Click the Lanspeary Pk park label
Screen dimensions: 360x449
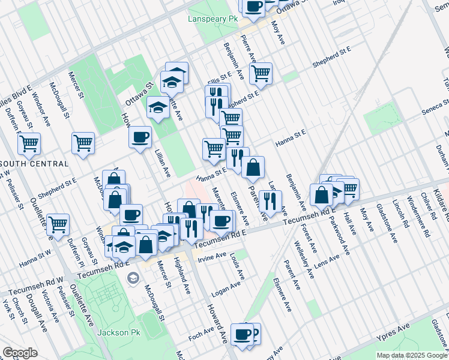pos(213,19)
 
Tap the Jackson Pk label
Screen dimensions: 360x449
pos(113,332)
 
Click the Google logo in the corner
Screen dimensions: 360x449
pos(20,353)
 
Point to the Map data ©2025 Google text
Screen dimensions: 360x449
pos(411,355)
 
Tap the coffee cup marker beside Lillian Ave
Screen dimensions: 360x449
pos(140,137)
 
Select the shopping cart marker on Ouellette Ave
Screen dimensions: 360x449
pos(58,224)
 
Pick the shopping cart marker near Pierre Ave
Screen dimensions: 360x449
pos(260,74)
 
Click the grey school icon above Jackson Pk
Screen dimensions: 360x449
pos(132,278)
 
